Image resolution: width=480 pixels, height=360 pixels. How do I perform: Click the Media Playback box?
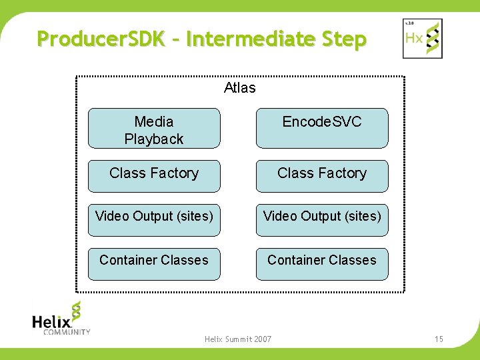(x=154, y=128)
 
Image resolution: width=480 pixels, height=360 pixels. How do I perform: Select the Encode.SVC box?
(x=322, y=128)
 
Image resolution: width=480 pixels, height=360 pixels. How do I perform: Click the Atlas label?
(x=240, y=88)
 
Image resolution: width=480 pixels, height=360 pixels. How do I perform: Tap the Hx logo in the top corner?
(x=423, y=38)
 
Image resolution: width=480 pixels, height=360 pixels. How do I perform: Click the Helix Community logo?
(x=61, y=319)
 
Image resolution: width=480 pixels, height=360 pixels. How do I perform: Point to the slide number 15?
(x=439, y=339)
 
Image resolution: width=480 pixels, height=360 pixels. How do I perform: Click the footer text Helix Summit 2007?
(x=238, y=339)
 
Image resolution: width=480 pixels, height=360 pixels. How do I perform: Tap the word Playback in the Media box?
(x=154, y=139)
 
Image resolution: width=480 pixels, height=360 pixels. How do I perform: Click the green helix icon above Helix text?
(x=76, y=311)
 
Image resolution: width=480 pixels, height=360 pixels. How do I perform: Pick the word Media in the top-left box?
(x=154, y=121)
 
